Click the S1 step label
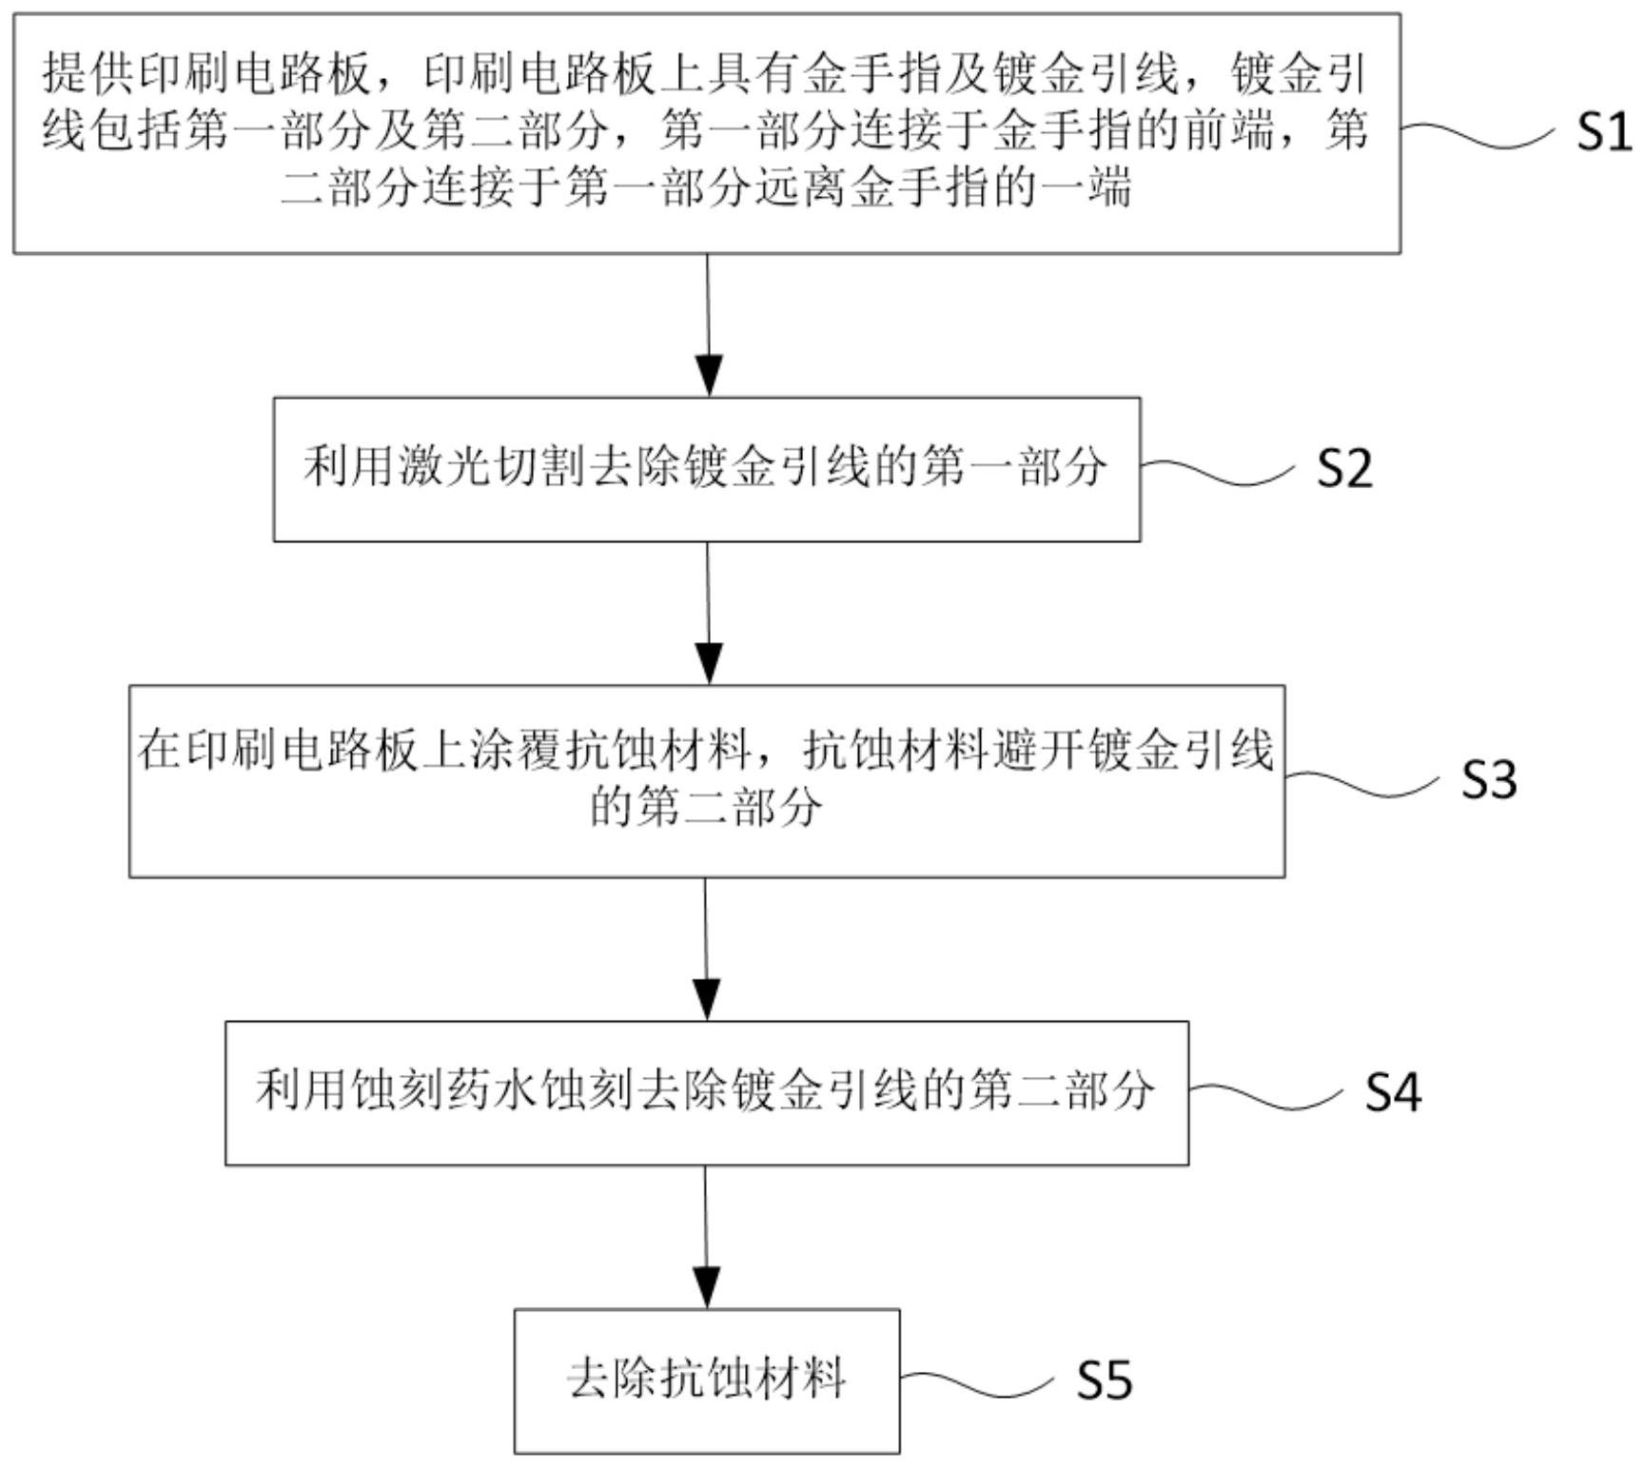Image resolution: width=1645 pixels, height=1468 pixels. pyautogui.click(x=1604, y=131)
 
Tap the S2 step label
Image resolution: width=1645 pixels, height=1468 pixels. pyautogui.click(x=1344, y=468)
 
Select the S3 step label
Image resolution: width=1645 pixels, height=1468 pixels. pyautogui.click(x=1489, y=779)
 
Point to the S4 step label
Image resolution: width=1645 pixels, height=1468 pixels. pyautogui.click(x=1393, y=1091)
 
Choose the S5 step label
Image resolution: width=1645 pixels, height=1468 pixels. pyautogui.click(x=1105, y=1380)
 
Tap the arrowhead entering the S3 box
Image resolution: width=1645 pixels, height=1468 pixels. pyautogui.click(x=709, y=662)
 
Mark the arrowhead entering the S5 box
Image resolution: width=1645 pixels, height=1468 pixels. pyautogui.click(x=707, y=1287)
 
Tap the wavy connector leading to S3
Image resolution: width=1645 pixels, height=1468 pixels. pyautogui.click(x=1364, y=784)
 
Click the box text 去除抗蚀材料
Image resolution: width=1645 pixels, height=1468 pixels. pyautogui.click(x=707, y=1379)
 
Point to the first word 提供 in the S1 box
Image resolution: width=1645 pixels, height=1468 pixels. pyautogui.click(x=89, y=74)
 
